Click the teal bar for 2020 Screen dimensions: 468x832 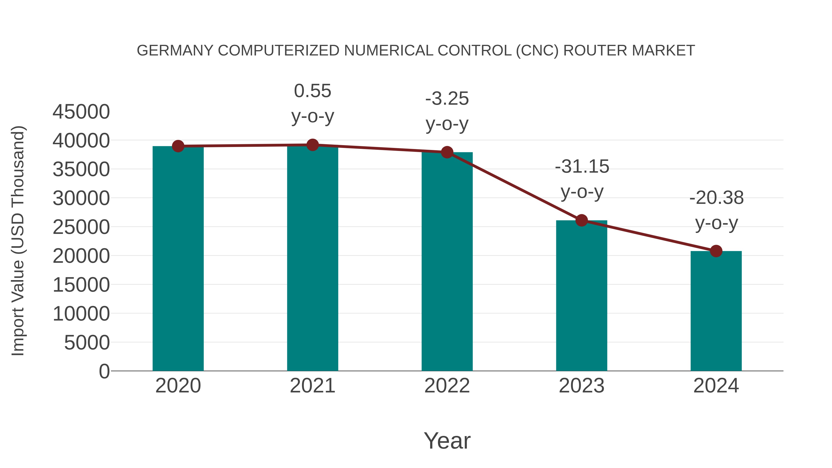point(178,258)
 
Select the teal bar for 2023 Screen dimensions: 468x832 point(581,296)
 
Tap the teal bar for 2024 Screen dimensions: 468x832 point(716,311)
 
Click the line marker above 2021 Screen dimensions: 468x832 point(312,145)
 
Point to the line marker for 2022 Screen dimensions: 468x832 point(447,152)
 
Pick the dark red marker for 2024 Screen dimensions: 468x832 point(716,251)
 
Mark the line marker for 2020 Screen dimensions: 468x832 point(178,146)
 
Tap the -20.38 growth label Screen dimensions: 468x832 point(716,210)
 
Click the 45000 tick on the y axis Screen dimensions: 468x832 point(81,112)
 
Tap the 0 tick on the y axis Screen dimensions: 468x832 point(104,371)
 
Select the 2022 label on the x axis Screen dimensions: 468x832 point(447,386)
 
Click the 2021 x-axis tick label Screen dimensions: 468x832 point(312,386)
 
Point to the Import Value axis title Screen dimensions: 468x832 point(18,241)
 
